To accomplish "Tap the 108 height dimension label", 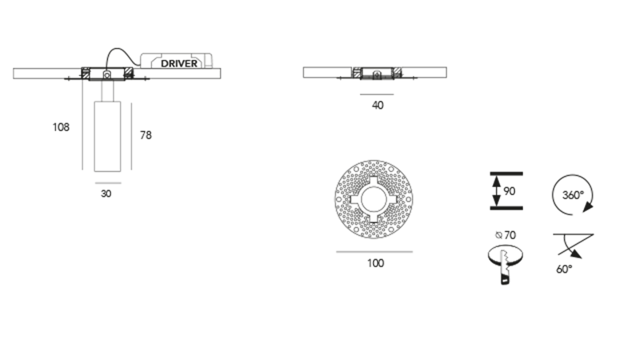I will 59,127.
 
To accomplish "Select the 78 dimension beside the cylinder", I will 146,135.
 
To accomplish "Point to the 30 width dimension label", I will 106,193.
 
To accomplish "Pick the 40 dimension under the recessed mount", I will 378,105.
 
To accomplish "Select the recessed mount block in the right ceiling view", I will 374,73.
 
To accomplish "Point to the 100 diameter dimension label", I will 375,262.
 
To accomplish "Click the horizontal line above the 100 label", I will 375,251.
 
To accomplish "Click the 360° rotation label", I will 571,194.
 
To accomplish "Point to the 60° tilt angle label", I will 564,270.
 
